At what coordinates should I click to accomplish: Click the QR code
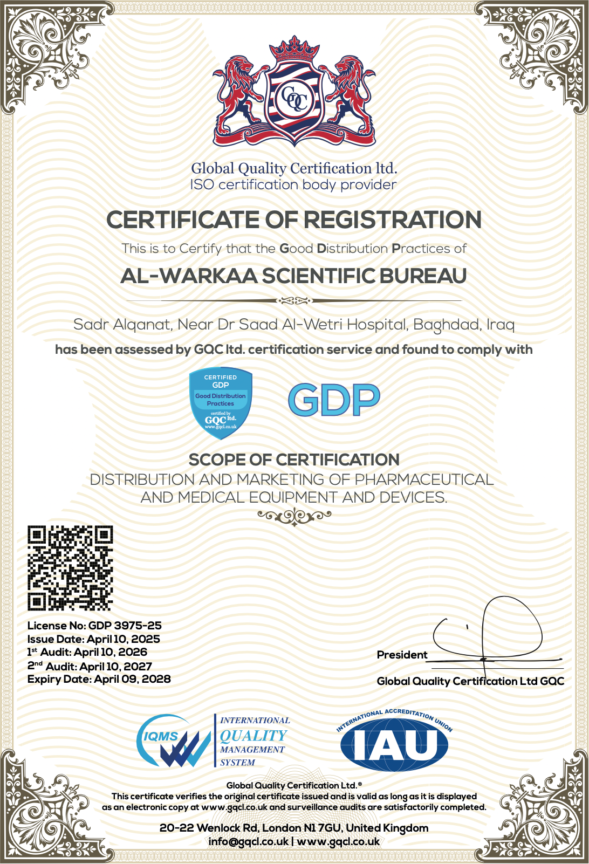coord(70,568)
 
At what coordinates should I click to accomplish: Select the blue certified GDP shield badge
coord(221,402)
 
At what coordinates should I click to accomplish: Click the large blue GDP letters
coord(334,400)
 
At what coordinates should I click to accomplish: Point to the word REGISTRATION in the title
coord(393,220)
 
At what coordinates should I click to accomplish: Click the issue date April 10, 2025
coord(124,639)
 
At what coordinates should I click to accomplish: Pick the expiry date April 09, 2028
coord(132,679)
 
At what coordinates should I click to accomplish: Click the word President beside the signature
coord(402,655)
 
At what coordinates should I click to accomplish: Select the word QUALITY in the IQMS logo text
coord(254,736)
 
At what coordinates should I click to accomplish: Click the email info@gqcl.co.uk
coord(248,842)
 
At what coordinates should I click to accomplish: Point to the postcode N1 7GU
coord(322,828)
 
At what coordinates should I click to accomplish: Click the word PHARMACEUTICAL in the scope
coord(424,479)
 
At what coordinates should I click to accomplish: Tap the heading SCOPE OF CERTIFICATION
coord(294,460)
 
